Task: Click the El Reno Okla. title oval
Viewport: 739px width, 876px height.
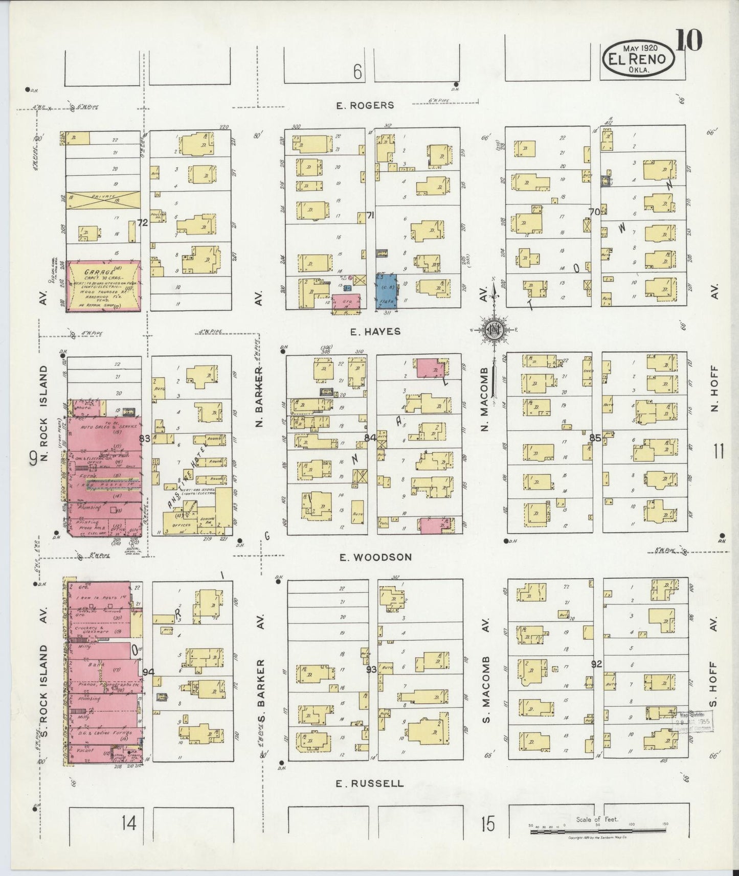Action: [x=637, y=59]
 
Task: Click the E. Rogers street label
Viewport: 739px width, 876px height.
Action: [x=365, y=105]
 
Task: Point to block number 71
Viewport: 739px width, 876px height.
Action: [x=370, y=215]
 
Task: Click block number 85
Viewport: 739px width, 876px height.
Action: [x=595, y=437]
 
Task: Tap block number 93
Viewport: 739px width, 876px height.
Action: [x=371, y=669]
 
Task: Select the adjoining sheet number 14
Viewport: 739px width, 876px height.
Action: [x=129, y=823]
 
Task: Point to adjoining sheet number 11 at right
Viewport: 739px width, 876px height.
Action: [x=718, y=451]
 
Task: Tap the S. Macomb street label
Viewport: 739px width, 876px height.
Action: [x=486, y=689]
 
